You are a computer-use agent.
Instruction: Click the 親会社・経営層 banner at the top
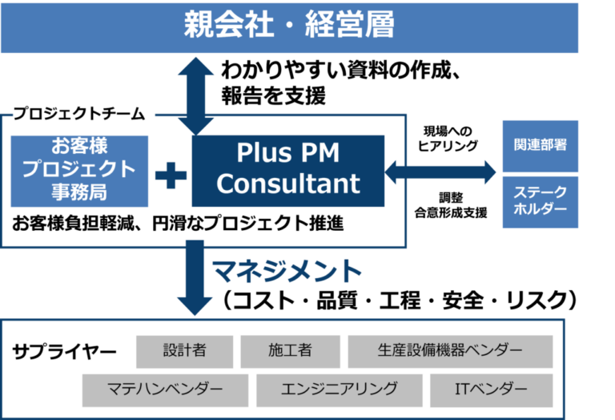(289, 27)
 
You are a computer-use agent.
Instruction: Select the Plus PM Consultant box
(288, 171)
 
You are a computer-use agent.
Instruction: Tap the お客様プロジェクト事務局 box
(79, 172)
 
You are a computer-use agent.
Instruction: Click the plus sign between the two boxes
(171, 175)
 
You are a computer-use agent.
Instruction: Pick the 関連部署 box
(540, 146)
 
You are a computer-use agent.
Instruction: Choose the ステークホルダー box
(540, 202)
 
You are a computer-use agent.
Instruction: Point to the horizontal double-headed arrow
(440, 172)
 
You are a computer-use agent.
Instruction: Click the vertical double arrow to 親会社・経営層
(195, 96)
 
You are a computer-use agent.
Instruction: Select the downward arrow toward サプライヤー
(195, 278)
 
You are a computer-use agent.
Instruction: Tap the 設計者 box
(184, 351)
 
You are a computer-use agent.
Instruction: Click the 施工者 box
(290, 351)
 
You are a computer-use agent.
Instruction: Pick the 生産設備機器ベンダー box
(450, 351)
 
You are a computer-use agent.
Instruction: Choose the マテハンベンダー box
(165, 390)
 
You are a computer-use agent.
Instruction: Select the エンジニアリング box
(340, 390)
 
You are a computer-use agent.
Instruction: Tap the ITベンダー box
(491, 390)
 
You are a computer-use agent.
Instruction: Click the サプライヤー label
(64, 352)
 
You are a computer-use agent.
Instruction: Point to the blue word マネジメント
(287, 271)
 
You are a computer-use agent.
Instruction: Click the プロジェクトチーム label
(79, 114)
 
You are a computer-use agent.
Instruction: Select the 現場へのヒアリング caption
(448, 139)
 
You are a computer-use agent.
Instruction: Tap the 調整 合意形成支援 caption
(451, 205)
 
